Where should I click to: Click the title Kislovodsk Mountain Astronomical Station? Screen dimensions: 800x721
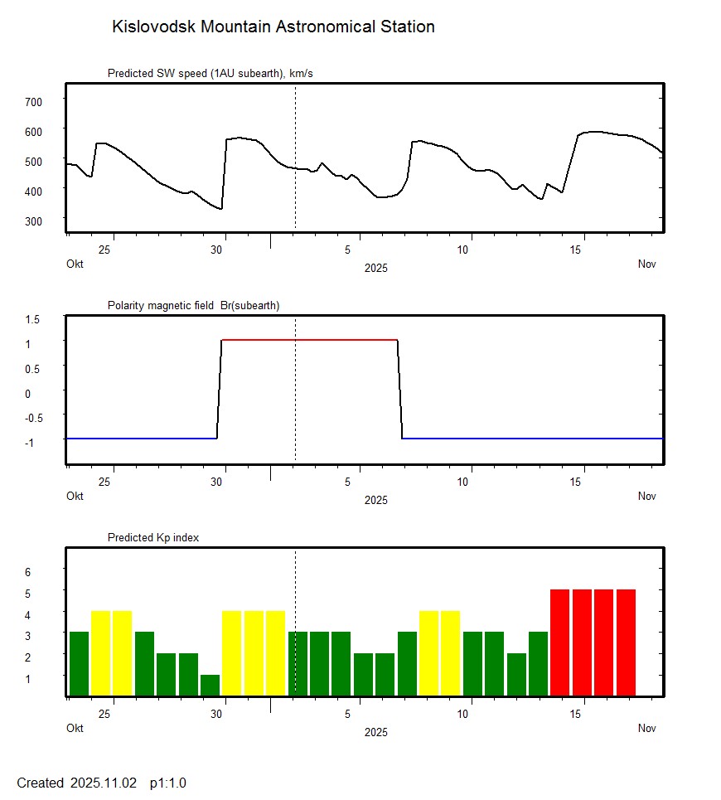click(273, 27)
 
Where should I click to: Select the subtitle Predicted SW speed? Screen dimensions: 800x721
click(210, 74)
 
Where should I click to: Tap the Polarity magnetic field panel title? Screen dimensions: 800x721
click(193, 305)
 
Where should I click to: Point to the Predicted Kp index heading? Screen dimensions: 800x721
click(153, 537)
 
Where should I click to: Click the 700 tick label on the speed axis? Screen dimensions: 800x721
click(33, 101)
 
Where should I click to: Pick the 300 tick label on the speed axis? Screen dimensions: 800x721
click(33, 221)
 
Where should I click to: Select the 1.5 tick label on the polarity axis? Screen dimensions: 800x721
click(33, 319)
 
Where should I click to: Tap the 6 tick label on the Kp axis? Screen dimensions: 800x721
click(27, 572)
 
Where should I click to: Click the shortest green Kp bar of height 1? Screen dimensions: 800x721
click(210, 686)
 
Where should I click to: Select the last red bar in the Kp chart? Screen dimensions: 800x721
click(626, 642)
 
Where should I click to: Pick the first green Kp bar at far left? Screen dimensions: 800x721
click(79, 663)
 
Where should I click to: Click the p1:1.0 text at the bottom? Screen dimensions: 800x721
click(168, 783)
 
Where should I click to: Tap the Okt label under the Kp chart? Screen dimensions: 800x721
click(75, 729)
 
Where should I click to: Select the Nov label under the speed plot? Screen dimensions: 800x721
click(646, 264)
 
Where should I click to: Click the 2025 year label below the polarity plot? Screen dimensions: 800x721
click(375, 500)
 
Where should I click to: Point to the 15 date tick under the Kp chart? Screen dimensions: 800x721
click(582, 714)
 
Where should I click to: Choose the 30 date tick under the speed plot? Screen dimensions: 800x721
click(217, 250)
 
